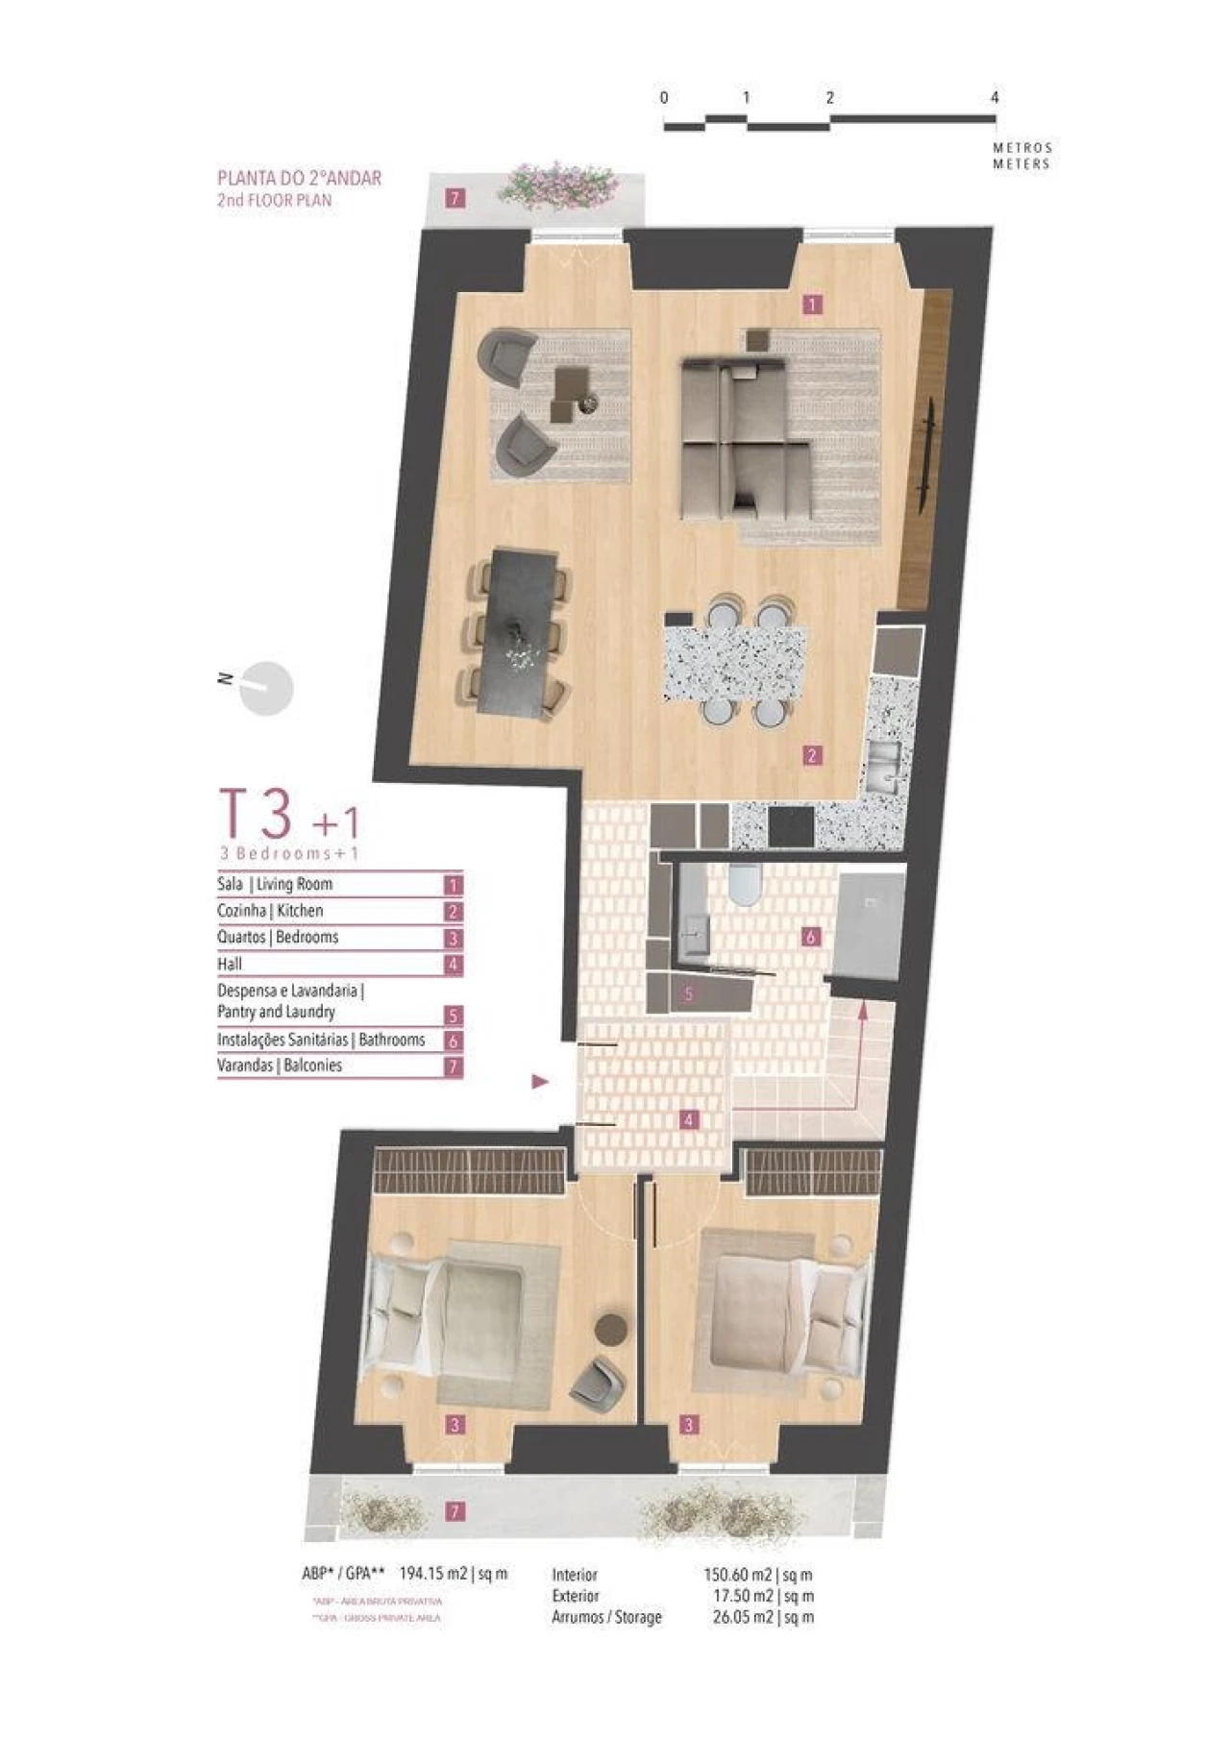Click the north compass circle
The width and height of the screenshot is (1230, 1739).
click(265, 689)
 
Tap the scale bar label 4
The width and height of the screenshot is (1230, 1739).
click(995, 98)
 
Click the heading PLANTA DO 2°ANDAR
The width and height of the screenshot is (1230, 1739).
click(299, 178)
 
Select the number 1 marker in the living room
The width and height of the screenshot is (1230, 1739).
click(812, 305)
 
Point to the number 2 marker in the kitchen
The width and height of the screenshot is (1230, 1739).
click(812, 755)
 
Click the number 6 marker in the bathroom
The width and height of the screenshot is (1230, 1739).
click(811, 936)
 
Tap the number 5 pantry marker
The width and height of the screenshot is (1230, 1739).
click(688, 994)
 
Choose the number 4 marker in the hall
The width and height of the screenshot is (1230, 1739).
click(688, 1119)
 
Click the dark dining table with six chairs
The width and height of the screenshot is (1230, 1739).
click(519, 631)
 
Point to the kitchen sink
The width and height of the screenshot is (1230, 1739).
click(882, 766)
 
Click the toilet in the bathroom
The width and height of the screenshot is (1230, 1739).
click(743, 885)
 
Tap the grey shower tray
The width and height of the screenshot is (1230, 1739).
click(870, 918)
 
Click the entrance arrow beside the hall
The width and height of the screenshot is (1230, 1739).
click(540, 1082)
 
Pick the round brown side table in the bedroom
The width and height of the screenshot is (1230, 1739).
click(610, 1329)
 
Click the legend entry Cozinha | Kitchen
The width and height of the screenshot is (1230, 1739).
click(270, 911)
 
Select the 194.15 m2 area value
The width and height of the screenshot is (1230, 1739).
click(433, 1574)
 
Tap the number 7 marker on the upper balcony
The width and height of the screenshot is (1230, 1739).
click(455, 199)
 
